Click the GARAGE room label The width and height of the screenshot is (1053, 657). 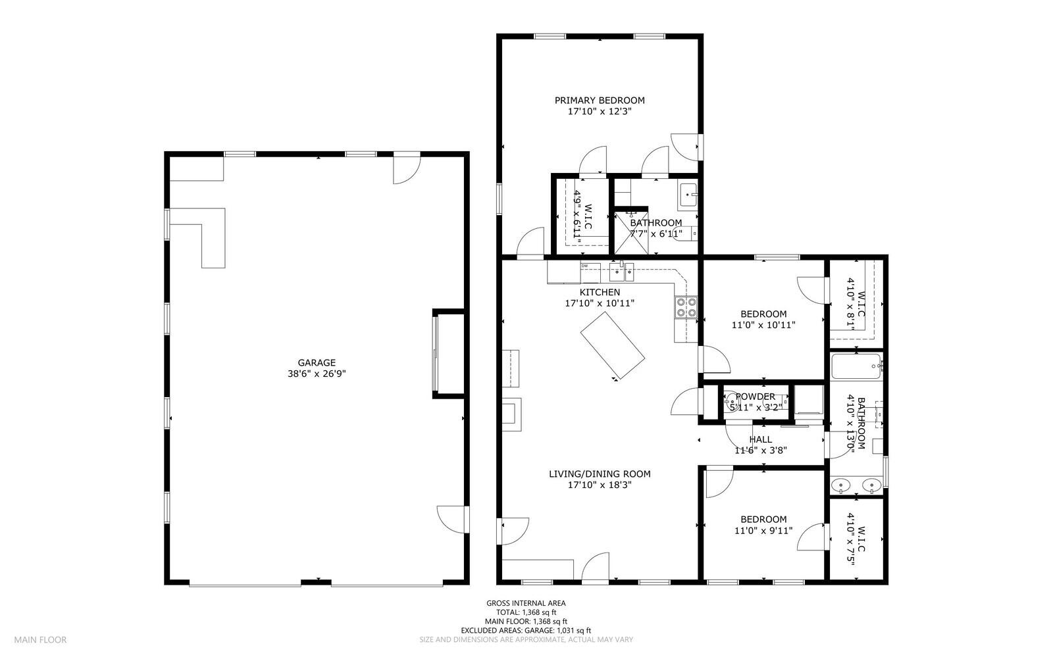(x=317, y=362)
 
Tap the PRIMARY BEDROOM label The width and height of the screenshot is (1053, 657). (x=600, y=100)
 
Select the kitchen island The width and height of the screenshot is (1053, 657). (x=612, y=345)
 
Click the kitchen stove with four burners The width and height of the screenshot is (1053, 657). (x=686, y=308)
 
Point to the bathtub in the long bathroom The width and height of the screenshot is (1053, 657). (x=856, y=367)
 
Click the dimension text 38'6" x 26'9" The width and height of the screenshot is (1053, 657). (x=317, y=374)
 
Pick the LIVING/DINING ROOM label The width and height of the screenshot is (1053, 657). (x=600, y=474)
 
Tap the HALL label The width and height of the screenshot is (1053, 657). (x=760, y=439)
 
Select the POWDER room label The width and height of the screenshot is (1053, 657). (x=755, y=397)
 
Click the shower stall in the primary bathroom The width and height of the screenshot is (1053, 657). (x=631, y=233)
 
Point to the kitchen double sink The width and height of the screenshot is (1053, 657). (x=621, y=272)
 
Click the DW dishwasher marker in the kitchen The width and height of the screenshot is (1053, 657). (x=585, y=266)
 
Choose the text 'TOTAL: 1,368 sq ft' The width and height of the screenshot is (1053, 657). (x=526, y=612)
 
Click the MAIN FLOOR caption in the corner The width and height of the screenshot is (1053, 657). (x=40, y=640)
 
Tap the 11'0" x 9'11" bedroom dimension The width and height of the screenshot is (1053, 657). (x=763, y=531)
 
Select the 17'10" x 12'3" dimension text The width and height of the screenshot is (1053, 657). (x=600, y=111)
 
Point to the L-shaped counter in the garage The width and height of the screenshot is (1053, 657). (x=197, y=238)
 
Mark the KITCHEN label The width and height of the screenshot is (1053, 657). (x=600, y=292)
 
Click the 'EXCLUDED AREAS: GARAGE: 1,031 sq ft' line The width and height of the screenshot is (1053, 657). (x=526, y=631)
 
